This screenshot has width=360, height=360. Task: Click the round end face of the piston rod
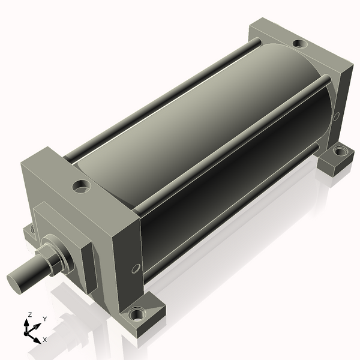point(14,284)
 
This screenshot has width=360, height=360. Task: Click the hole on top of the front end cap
point(81,186)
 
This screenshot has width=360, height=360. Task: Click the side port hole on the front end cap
point(136,269)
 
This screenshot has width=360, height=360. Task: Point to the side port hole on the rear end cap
point(336,116)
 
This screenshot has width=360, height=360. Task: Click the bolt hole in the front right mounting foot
point(137,314)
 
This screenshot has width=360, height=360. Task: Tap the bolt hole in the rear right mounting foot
point(340,152)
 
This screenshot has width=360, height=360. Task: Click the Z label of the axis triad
point(29,315)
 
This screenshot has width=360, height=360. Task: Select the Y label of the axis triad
point(45,319)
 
